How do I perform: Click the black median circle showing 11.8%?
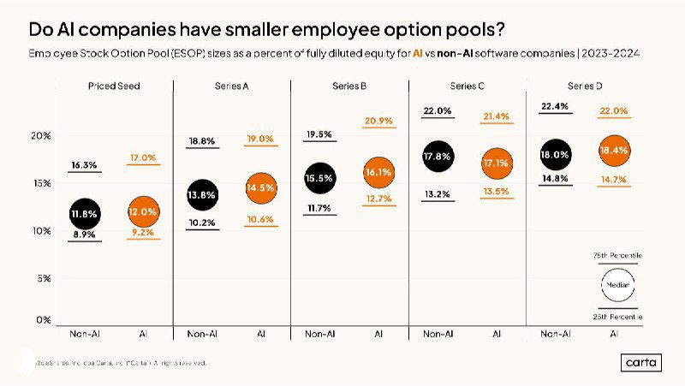tap(84, 213)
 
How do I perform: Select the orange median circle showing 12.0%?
tap(142, 211)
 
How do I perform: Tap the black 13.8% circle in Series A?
tap(201, 194)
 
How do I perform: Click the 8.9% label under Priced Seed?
tap(84, 234)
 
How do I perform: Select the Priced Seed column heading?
tap(113, 86)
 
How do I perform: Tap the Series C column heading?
tap(467, 86)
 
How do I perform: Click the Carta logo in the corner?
tap(641, 362)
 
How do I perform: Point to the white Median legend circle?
tap(616, 285)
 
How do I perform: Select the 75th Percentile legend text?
tap(617, 256)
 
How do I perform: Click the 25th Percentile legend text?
tap(617, 317)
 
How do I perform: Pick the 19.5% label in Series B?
tap(319, 134)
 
